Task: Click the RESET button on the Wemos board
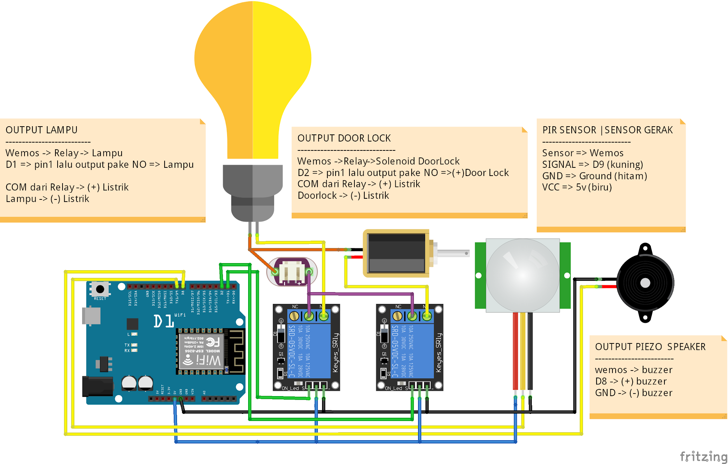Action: tap(100, 289)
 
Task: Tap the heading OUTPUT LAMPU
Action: tap(41, 130)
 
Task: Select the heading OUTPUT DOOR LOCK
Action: tap(344, 138)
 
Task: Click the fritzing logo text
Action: tap(703, 456)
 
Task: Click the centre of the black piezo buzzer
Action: tap(645, 283)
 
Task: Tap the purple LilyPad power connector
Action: tap(291, 272)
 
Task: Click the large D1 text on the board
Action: tap(164, 321)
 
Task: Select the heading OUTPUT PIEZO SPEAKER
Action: tap(650, 347)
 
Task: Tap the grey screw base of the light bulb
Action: tap(253, 192)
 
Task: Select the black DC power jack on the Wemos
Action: tap(97, 386)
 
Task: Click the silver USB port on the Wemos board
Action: tap(91, 316)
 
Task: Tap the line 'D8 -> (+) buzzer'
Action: tap(631, 382)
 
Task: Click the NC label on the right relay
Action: tap(398, 306)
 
